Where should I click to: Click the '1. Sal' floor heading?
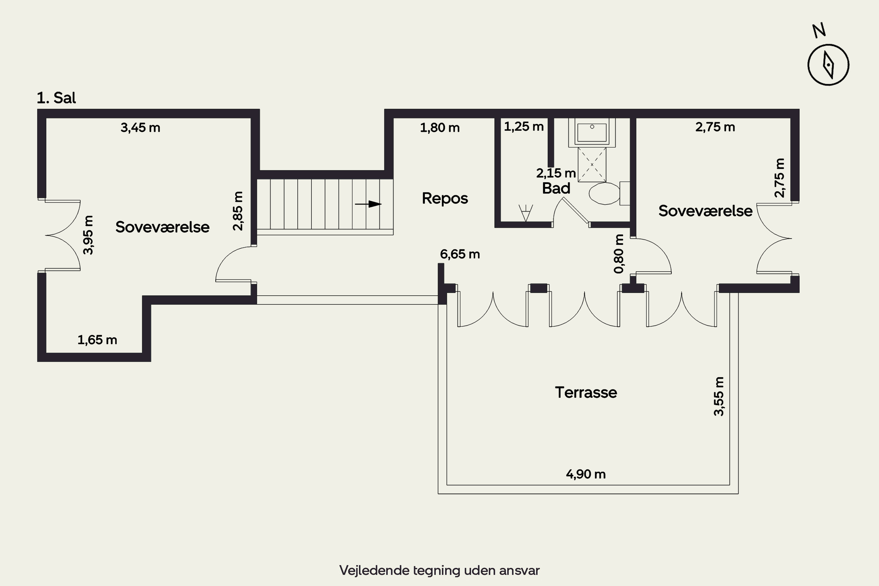tap(56, 98)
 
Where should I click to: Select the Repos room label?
tap(445, 198)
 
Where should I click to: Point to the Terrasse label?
tap(586, 392)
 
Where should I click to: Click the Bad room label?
tap(556, 188)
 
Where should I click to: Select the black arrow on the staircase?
tap(368, 204)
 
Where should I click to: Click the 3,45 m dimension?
tap(141, 128)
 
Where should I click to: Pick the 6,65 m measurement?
tap(460, 254)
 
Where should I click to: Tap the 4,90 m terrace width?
tap(586, 474)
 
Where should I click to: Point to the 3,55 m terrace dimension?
tap(719, 396)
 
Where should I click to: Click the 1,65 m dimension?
tap(97, 340)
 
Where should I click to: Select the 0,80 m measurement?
tap(619, 254)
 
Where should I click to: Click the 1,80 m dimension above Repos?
tap(440, 128)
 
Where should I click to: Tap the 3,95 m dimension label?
tap(88, 235)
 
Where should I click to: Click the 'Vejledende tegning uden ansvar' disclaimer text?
tap(439, 570)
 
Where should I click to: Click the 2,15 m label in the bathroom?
tap(556, 173)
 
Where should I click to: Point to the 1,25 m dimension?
tap(524, 127)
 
